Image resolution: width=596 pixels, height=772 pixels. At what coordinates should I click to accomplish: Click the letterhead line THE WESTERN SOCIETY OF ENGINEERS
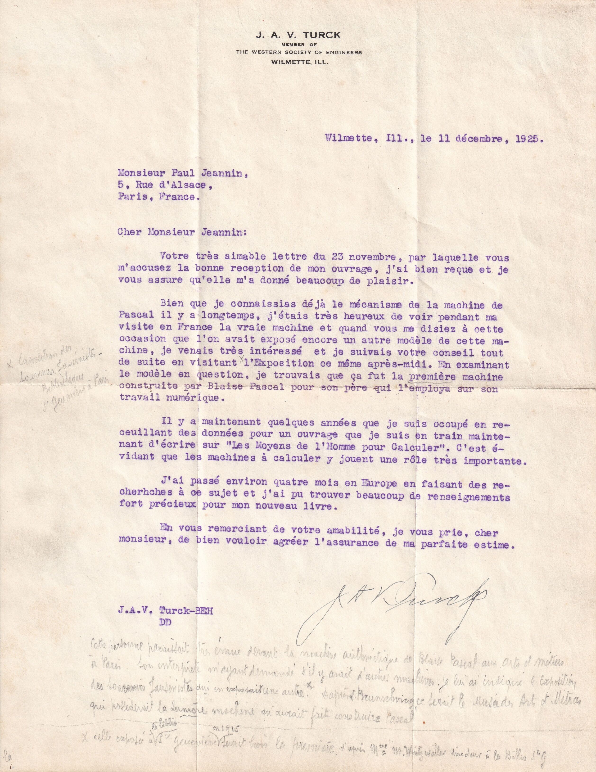pos(299,52)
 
